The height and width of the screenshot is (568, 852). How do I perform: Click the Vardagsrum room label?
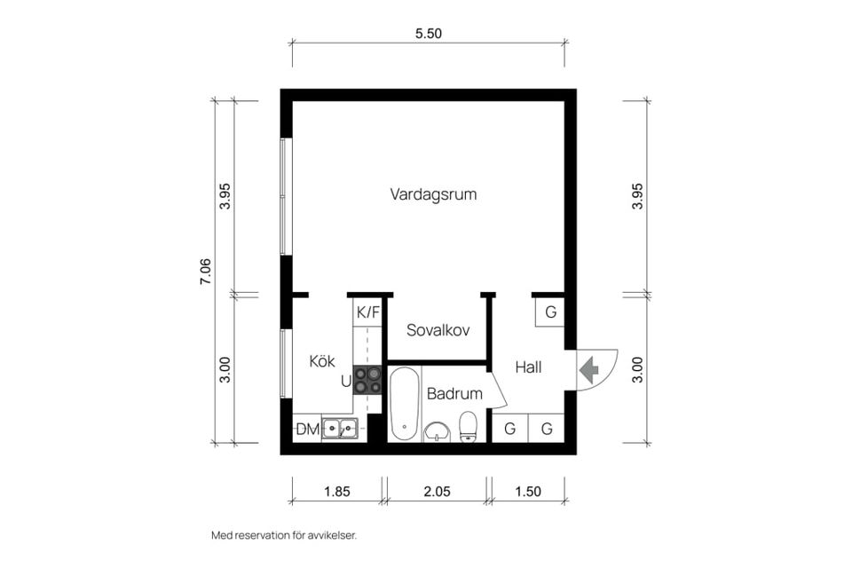[433, 194]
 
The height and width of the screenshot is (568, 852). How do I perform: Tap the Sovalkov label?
[438, 330]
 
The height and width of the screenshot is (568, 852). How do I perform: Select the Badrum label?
[454, 393]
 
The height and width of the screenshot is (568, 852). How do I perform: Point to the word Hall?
[528, 367]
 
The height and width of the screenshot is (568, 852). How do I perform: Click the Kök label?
[322, 361]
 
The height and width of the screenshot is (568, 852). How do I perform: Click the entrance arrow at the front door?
[589, 369]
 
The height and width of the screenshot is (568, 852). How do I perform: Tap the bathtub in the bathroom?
[404, 404]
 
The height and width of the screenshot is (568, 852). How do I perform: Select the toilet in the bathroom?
[468, 427]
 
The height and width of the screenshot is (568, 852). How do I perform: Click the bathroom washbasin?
[438, 432]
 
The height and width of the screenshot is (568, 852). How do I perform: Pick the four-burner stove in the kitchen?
[367, 380]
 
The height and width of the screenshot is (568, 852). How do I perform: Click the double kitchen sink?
[340, 429]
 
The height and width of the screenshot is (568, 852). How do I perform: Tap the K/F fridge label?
[367, 312]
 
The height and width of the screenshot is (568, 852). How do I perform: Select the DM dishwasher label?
[308, 430]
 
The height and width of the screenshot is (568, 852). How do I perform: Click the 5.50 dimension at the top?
[429, 34]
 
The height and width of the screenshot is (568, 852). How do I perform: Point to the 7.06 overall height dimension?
[205, 272]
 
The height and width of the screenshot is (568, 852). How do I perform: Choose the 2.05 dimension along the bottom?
[438, 492]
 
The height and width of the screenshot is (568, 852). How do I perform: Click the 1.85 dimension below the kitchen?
[337, 492]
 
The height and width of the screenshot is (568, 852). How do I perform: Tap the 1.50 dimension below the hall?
[528, 492]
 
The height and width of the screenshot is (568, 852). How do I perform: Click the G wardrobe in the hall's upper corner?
[550, 312]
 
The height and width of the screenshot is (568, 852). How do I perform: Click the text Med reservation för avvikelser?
[284, 535]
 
